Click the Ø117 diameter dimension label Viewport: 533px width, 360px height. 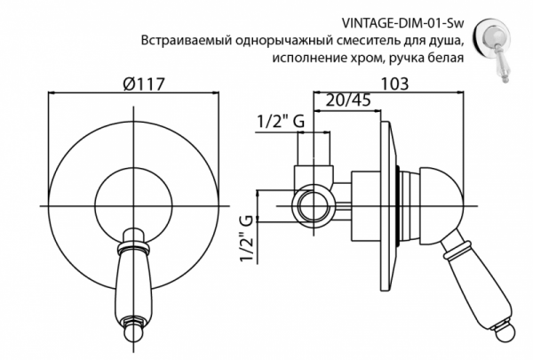tap(143, 84)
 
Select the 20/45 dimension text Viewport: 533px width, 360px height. tap(348, 100)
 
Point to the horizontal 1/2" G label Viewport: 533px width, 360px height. tap(281, 121)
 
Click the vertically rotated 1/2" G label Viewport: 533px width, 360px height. tap(247, 238)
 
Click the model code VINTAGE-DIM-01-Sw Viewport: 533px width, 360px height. tap(402, 24)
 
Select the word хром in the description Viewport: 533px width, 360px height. tap(364, 58)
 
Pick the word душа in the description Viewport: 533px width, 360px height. tap(446, 41)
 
